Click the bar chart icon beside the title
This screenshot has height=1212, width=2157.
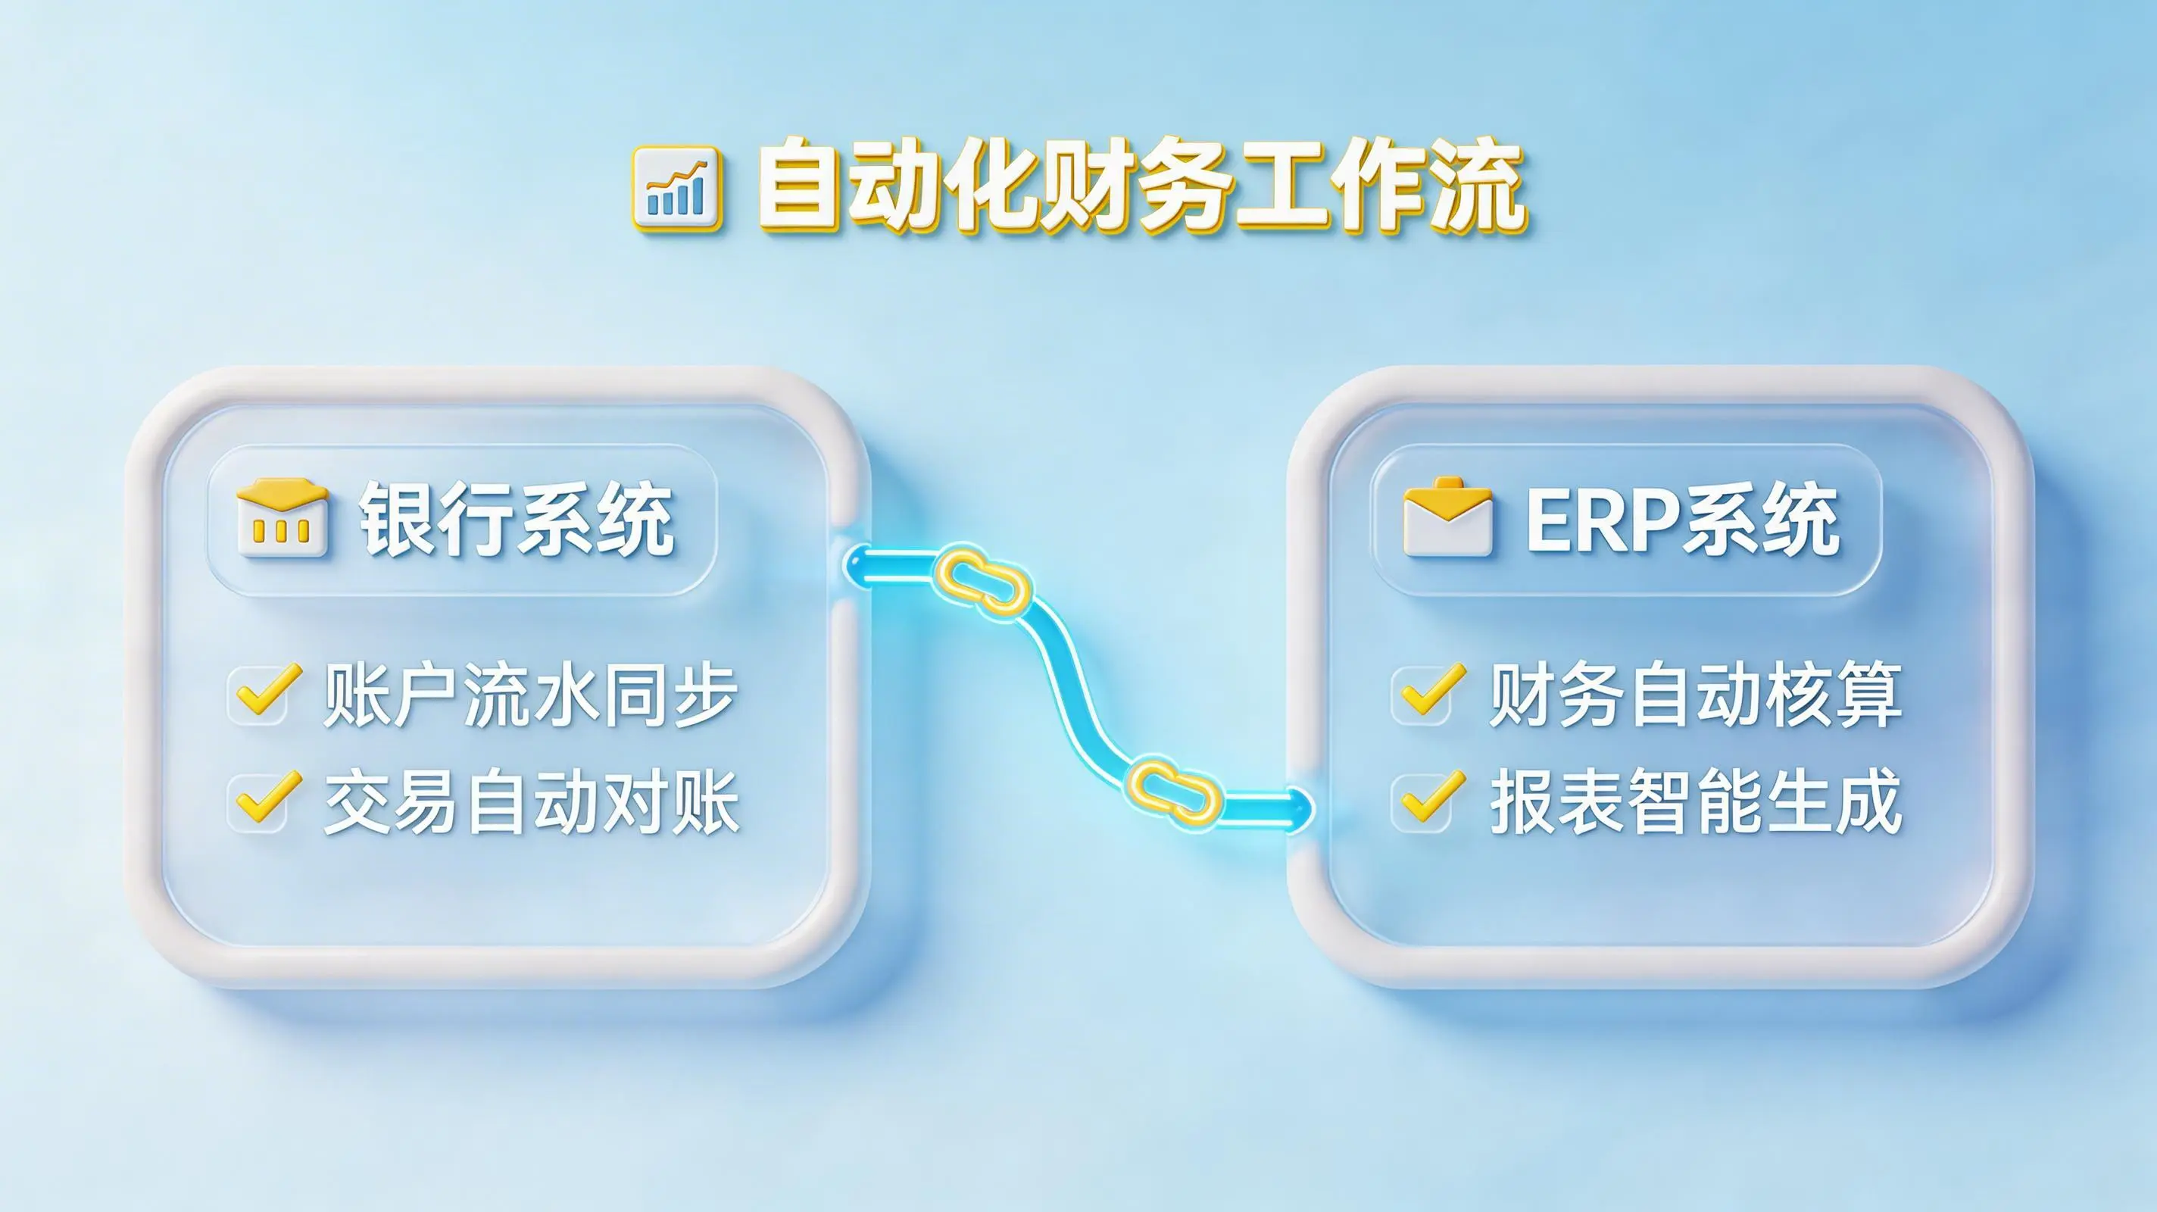[676, 189]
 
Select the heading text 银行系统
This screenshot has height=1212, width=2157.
[517, 520]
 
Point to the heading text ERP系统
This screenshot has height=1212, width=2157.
[1682, 520]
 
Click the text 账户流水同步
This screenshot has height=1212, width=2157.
[531, 695]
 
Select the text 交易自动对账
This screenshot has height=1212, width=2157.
[531, 801]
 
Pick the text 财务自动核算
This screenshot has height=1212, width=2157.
[1696, 695]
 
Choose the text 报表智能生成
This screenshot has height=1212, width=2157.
[1696, 801]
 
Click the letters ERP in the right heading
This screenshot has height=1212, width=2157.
[1600, 520]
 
